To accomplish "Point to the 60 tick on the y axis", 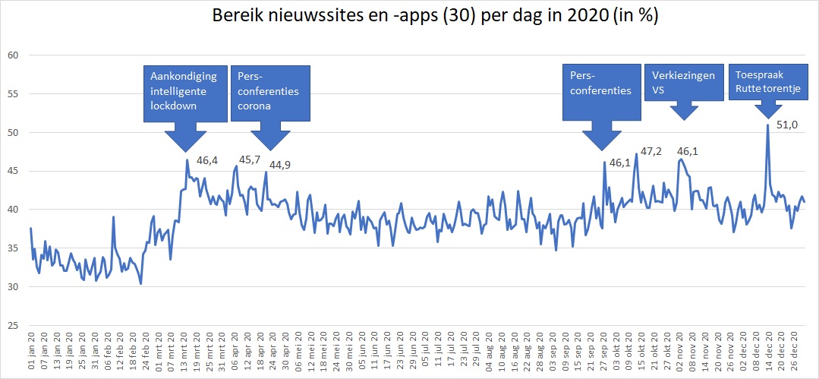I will click(12, 55).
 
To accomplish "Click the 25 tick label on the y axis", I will click(12, 325).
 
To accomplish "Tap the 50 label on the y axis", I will click(12, 132).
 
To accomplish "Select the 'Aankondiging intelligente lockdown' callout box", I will click(184, 93).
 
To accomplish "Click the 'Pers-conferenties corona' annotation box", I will click(269, 93).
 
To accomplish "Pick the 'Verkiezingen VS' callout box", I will click(683, 83).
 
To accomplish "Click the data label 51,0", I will click(787, 125).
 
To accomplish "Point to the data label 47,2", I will click(651, 152).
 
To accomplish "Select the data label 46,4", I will click(207, 160).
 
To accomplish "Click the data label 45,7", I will click(250, 160).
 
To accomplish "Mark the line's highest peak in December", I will click(767, 125).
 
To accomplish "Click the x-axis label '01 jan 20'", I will click(30, 351).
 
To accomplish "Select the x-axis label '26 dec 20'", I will click(794, 351).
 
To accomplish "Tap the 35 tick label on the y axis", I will click(12, 248).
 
